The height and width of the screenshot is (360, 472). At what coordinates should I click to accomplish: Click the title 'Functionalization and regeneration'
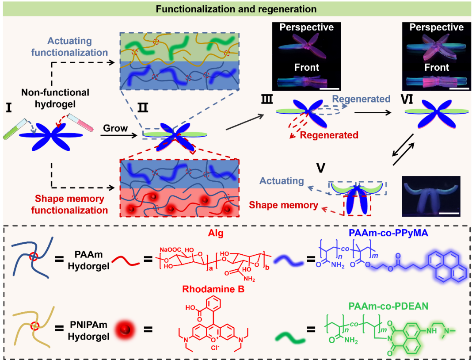click(x=236, y=9)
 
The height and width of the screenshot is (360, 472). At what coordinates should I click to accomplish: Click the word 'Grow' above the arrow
click(x=115, y=129)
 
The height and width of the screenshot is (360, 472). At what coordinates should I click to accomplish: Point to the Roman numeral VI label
click(x=413, y=100)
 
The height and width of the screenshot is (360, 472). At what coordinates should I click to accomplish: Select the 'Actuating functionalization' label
click(x=77, y=47)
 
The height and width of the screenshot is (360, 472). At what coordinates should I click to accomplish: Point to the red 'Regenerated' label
click(x=329, y=135)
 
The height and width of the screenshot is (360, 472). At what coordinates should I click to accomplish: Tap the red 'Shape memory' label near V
click(x=283, y=205)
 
